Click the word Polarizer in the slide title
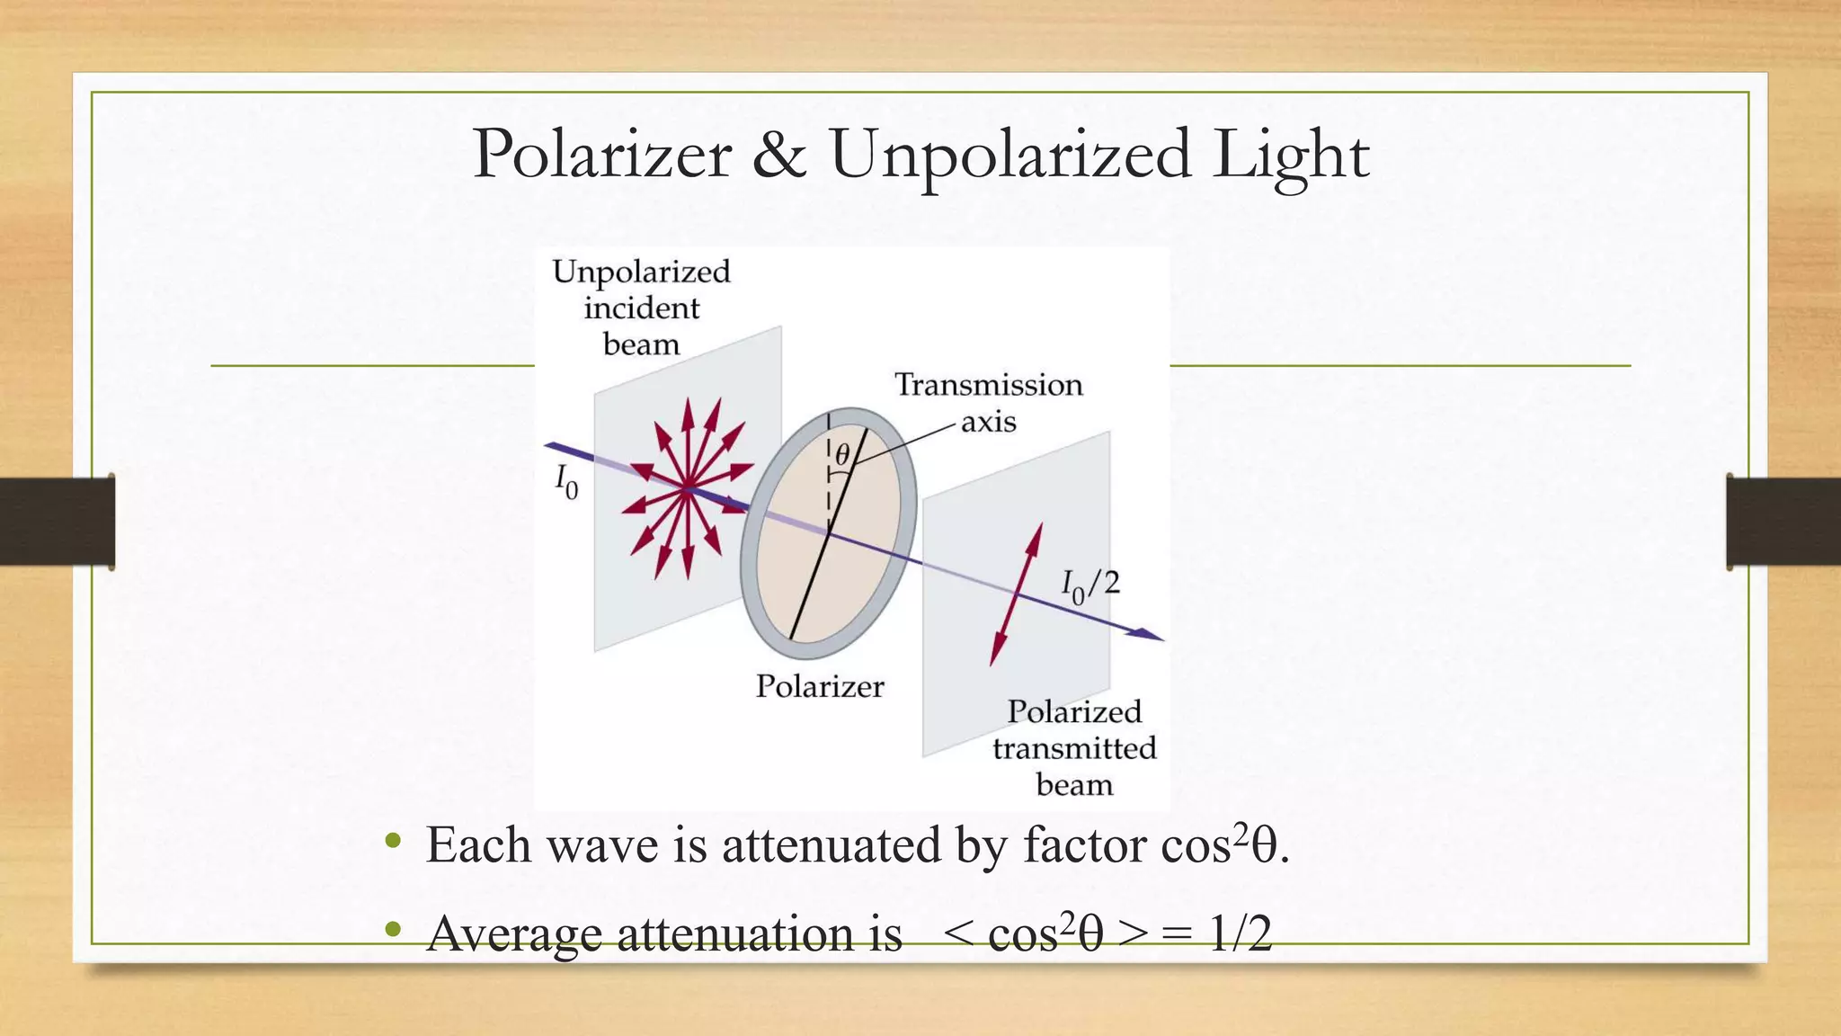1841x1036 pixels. pos(601,155)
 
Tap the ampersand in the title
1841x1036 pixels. pos(779,155)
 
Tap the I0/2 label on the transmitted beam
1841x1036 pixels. pos(1090,586)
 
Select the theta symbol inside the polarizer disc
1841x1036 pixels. pos(842,455)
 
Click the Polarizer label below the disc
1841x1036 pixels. pos(819,687)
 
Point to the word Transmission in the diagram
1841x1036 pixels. pos(988,385)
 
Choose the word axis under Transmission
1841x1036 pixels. pos(988,422)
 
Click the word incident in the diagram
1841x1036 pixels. pos(641,308)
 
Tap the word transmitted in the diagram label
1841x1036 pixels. pos(1074,748)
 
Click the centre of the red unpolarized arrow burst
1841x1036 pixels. pos(688,488)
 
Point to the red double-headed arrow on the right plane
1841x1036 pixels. pos(1016,594)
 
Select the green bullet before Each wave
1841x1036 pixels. pos(392,842)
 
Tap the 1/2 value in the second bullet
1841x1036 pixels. pos(1241,933)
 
